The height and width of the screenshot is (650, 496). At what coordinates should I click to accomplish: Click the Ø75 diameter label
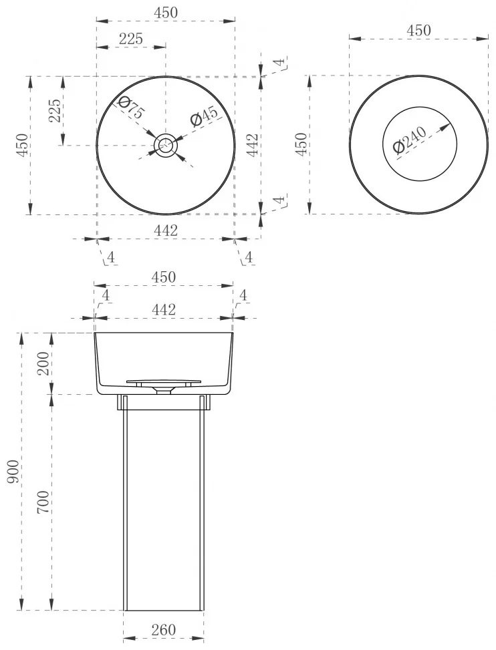coord(130,108)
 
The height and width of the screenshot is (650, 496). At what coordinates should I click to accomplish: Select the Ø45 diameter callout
coord(204,116)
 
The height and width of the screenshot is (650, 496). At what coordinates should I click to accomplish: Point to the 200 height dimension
coord(43,363)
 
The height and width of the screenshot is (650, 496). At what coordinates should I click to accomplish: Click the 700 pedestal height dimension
coord(43,502)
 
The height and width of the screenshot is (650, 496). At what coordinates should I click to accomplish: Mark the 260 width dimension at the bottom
coord(163,630)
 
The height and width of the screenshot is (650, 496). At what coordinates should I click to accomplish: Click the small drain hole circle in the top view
coord(166,145)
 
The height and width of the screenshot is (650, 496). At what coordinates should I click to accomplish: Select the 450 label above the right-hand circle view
coord(418,30)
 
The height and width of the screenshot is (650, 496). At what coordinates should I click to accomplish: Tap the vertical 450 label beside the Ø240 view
coord(301,144)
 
